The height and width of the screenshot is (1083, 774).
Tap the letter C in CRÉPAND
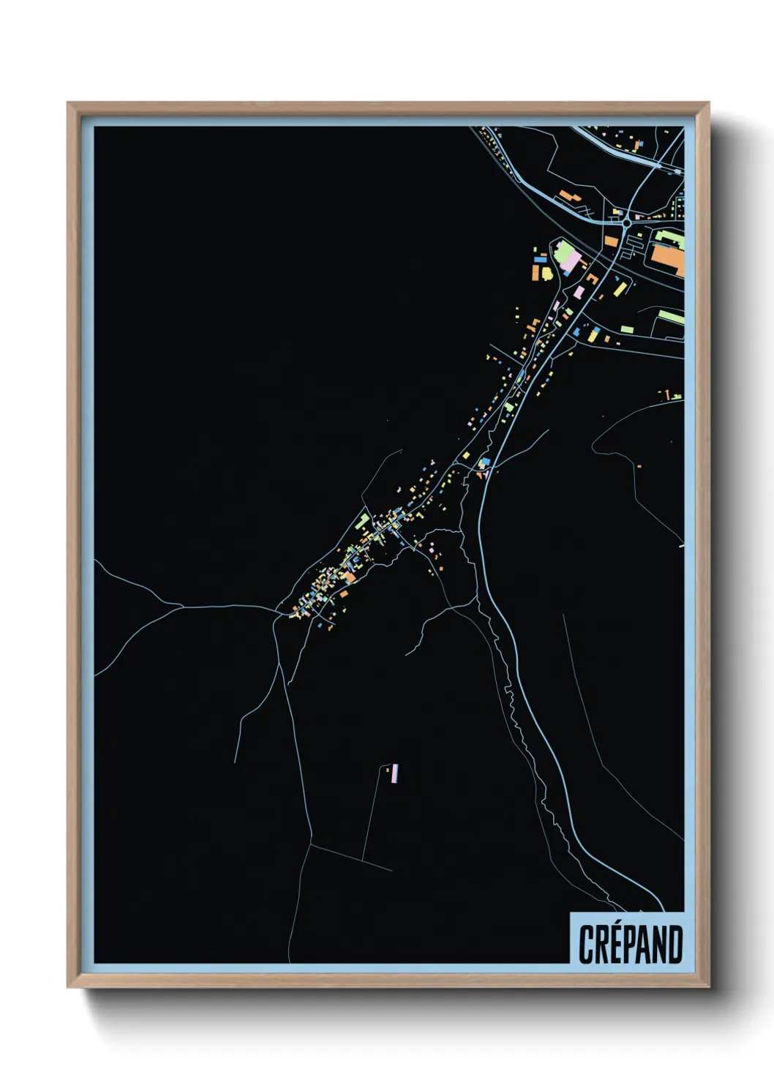click(585, 944)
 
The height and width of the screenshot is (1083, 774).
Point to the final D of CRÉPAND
click(675, 944)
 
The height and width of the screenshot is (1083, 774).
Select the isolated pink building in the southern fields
click(396, 773)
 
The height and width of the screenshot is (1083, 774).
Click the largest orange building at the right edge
click(668, 260)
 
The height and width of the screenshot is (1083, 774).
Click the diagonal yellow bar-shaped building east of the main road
click(620, 288)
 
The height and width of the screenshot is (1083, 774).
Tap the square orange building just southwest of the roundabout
click(609, 240)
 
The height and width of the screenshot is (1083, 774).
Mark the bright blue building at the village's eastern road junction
click(483, 462)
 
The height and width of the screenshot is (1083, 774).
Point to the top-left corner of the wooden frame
click(68, 103)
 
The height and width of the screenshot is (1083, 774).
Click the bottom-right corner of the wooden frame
click(709, 987)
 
